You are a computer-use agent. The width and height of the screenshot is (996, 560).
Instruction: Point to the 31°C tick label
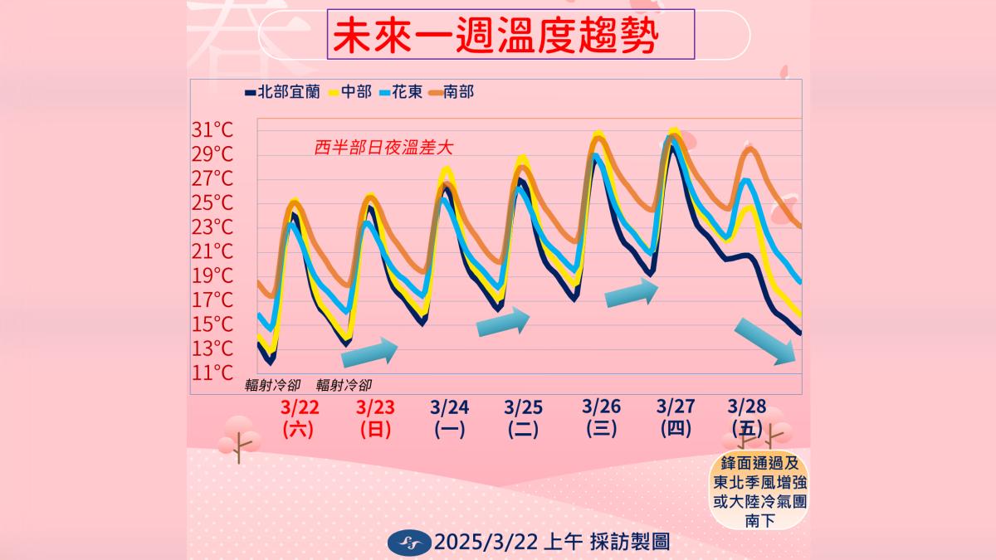[212, 130]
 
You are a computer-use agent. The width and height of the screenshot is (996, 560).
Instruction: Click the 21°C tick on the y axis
[212, 251]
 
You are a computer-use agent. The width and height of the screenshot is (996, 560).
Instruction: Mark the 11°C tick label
[212, 373]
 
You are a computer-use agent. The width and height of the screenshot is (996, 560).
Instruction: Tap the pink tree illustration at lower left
[237, 438]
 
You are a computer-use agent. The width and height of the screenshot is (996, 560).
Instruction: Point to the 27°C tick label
[212, 178]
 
